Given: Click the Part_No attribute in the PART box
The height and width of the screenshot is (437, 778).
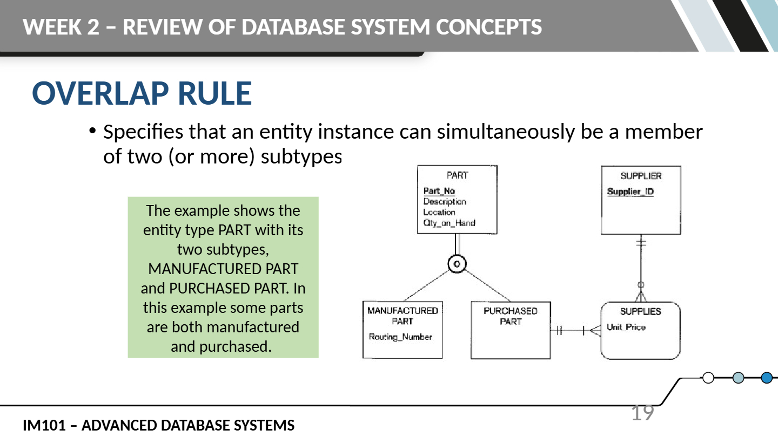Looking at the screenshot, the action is (x=439, y=191).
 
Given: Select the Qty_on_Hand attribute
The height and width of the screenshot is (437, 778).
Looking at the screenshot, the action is (x=449, y=223).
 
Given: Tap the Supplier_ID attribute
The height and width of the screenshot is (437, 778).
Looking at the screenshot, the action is (x=631, y=192).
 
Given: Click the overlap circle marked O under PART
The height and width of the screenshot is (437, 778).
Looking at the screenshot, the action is (x=457, y=264).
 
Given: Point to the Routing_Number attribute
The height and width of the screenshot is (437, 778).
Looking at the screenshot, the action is (x=400, y=337).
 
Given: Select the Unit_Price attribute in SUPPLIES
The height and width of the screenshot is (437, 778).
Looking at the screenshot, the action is (x=626, y=327).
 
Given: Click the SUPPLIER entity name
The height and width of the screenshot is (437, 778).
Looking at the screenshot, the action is (x=641, y=176).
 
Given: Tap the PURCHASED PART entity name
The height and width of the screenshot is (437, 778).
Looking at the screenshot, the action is (x=511, y=316).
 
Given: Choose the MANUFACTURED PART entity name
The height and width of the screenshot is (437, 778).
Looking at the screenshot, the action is (x=403, y=316).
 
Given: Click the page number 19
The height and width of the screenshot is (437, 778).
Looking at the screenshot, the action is (x=642, y=413).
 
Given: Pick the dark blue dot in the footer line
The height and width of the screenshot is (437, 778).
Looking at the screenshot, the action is (x=767, y=378).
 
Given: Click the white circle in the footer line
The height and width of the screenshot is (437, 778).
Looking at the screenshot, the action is (x=708, y=378).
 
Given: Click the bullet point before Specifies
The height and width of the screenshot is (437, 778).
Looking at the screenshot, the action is (x=92, y=131).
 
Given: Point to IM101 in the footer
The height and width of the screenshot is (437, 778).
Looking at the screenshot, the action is (x=44, y=425).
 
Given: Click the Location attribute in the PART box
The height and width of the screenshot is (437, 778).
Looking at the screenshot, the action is (x=439, y=212).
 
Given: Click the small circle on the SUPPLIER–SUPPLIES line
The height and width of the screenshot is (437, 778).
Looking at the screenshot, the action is (x=641, y=285).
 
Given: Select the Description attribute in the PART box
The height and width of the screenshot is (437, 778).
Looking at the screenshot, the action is (x=445, y=202).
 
